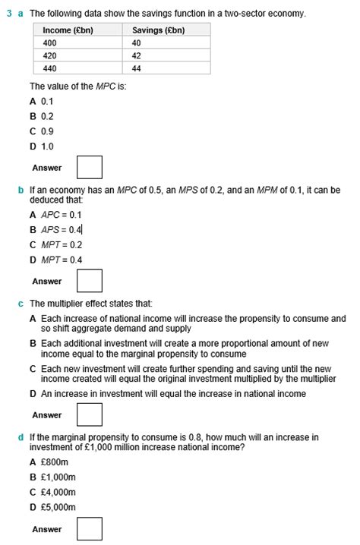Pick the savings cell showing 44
137,68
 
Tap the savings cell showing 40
137,43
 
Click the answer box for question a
90,168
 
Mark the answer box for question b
90,282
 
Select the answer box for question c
90,415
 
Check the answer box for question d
90,529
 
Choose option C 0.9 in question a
42,131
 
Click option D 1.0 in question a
42,146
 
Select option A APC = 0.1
55,215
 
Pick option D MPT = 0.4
55,260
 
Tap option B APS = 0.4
56,230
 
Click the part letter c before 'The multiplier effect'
20,303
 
